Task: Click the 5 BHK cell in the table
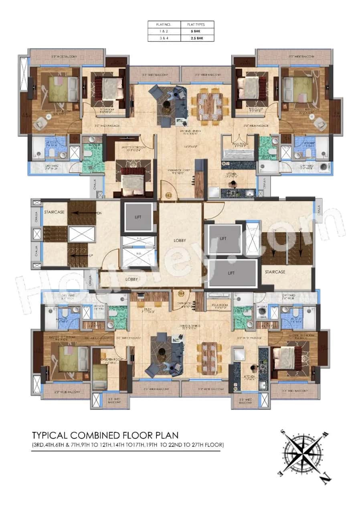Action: click(197, 31)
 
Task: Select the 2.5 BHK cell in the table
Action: click(197, 38)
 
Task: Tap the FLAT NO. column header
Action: click(164, 24)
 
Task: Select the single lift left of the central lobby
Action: click(138, 217)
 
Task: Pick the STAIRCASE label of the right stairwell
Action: click(275, 272)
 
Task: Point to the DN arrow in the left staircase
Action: click(99, 213)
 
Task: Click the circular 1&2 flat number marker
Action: click(169, 195)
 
